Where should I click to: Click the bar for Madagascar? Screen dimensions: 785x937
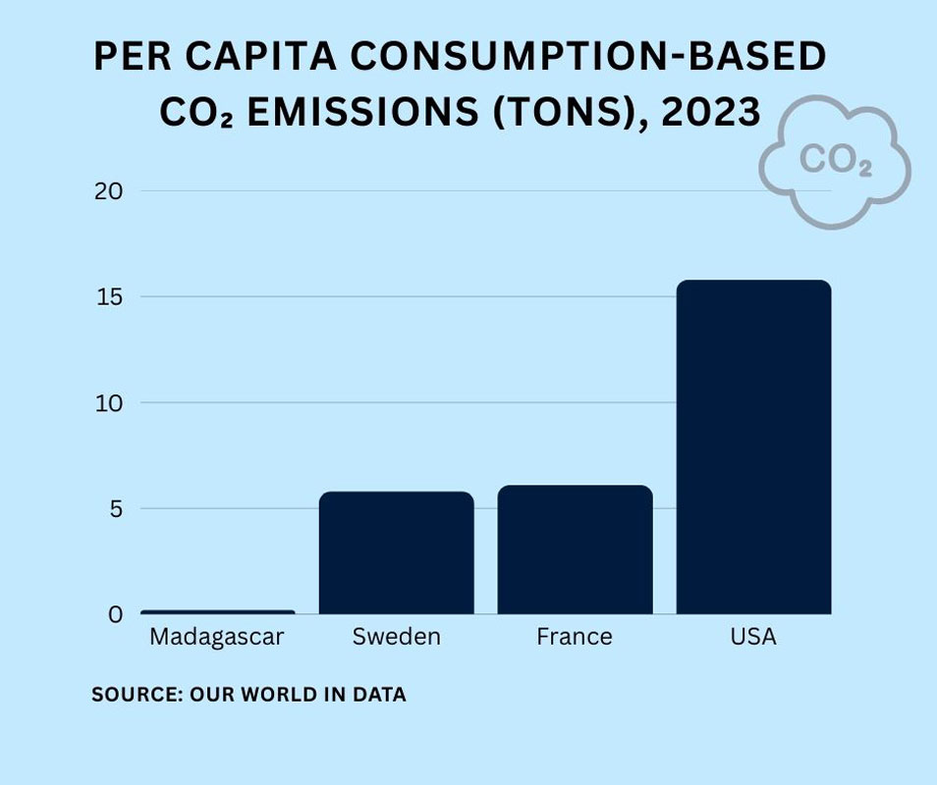tap(217, 612)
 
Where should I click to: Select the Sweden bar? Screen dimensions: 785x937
tap(396, 553)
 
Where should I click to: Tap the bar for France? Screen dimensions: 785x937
tap(575, 549)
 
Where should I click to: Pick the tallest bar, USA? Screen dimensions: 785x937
tap(753, 447)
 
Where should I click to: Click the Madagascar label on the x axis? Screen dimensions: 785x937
tap(217, 637)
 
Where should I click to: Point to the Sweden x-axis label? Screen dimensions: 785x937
tap(396, 637)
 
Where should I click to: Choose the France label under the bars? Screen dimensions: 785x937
tap(575, 637)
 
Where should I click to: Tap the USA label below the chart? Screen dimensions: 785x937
tap(753, 637)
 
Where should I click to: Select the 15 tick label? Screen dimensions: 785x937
tap(109, 296)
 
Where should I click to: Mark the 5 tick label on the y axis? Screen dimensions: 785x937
tap(115, 508)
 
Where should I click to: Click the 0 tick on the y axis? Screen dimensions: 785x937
tap(115, 614)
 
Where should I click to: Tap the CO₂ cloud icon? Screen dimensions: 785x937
tap(835, 162)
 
